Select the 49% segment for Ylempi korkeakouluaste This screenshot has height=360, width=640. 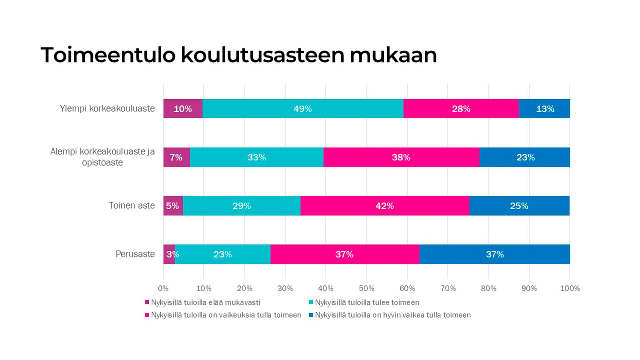[302, 109]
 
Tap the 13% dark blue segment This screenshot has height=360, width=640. [544, 109]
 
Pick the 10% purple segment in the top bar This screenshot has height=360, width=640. [183, 109]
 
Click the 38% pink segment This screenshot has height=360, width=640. [401, 157]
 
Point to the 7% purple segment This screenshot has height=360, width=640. [176, 157]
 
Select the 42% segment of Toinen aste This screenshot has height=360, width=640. [385, 206]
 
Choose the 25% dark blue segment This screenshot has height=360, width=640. [519, 206]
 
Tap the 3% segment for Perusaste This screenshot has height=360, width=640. [169, 254]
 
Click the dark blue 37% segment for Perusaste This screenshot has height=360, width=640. [495, 254]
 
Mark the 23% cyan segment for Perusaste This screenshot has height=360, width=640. [223, 254]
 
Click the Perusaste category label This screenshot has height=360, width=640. [135, 254]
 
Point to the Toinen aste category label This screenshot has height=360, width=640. [131, 205]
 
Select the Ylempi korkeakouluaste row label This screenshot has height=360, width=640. [107, 108]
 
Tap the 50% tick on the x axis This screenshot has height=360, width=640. [366, 288]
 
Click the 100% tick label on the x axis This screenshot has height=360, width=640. [570, 288]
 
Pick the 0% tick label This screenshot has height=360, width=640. [163, 288]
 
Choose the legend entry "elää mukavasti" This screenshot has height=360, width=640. [205, 303]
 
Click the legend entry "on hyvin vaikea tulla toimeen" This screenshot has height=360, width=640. [393, 315]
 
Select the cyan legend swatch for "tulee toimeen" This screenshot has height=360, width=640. [311, 302]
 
